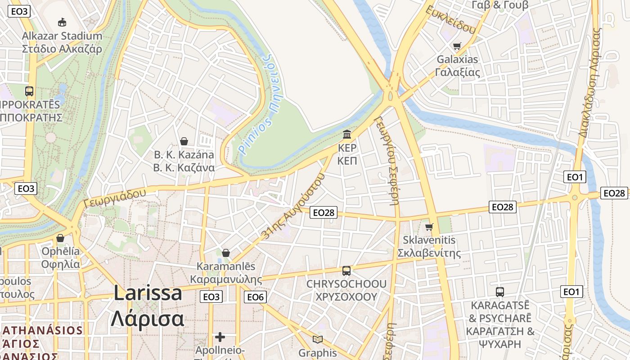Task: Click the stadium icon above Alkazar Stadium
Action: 62,22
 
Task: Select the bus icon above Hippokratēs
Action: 29,91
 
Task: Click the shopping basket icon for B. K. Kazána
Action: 184,142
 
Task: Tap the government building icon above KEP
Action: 347,134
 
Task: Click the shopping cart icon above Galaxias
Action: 457,46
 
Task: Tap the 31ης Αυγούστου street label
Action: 292,206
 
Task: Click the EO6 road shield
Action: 255,297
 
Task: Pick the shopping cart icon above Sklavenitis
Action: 429,227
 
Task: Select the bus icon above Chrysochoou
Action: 346,271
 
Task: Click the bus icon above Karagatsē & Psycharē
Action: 499,292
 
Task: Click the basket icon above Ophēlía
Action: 60,238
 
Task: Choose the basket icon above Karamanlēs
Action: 226,253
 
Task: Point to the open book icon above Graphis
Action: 318,340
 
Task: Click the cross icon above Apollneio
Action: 220,337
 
